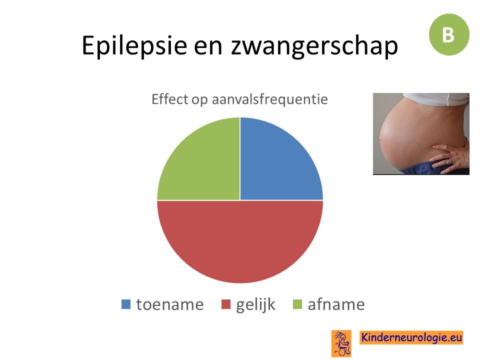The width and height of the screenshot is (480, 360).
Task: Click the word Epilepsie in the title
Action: point(134,45)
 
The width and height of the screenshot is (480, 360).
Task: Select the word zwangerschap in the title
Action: point(314,46)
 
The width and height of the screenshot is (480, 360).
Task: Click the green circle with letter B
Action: point(449,34)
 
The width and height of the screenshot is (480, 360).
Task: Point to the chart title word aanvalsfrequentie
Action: point(269,99)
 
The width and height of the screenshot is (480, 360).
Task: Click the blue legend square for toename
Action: point(126,304)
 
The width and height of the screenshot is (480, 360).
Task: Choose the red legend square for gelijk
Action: point(226,304)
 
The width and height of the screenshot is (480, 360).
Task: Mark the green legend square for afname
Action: point(297,304)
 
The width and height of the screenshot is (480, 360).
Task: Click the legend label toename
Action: point(170,304)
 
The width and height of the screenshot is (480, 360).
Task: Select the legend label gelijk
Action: point(255,305)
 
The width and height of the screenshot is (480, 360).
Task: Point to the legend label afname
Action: point(336,304)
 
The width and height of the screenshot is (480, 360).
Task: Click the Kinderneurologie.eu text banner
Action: point(411,337)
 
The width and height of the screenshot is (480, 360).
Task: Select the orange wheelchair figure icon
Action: point(341,343)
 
